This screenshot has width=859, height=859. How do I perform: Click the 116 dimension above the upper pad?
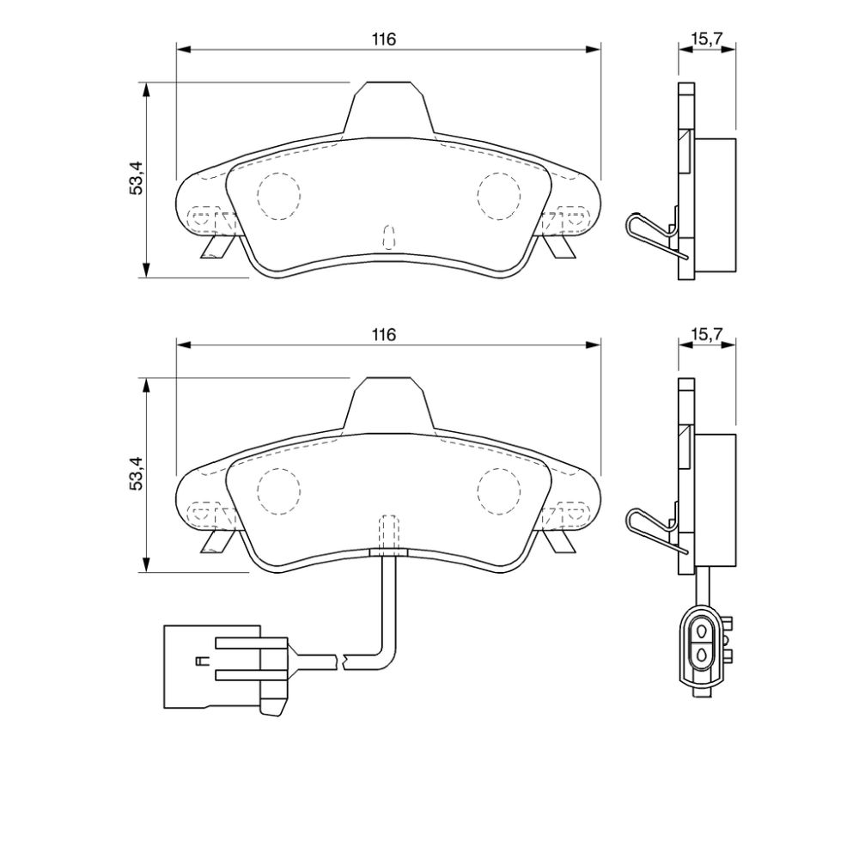[383, 40]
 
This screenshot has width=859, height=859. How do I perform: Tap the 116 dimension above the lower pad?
[383, 335]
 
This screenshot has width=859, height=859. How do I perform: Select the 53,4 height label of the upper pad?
[136, 178]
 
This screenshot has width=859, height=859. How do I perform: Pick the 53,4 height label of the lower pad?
[136, 473]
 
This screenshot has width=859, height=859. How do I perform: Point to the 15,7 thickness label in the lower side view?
[707, 334]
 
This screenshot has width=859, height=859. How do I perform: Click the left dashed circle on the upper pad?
[279, 196]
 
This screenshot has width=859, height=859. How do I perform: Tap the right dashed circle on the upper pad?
[498, 196]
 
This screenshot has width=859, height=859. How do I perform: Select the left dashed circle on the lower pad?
[279, 491]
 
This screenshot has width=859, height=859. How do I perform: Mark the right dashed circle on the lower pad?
[498, 491]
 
